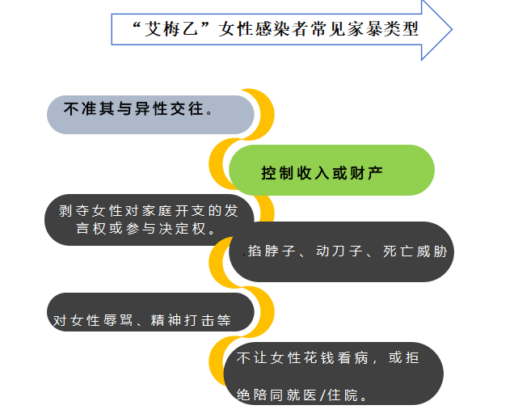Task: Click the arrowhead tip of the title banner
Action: coord(449,29)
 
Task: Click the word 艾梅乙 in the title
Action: coord(166,29)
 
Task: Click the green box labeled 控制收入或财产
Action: coord(331,171)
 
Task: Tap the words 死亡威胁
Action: coord(416,251)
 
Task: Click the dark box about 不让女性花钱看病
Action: coord(332,376)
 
